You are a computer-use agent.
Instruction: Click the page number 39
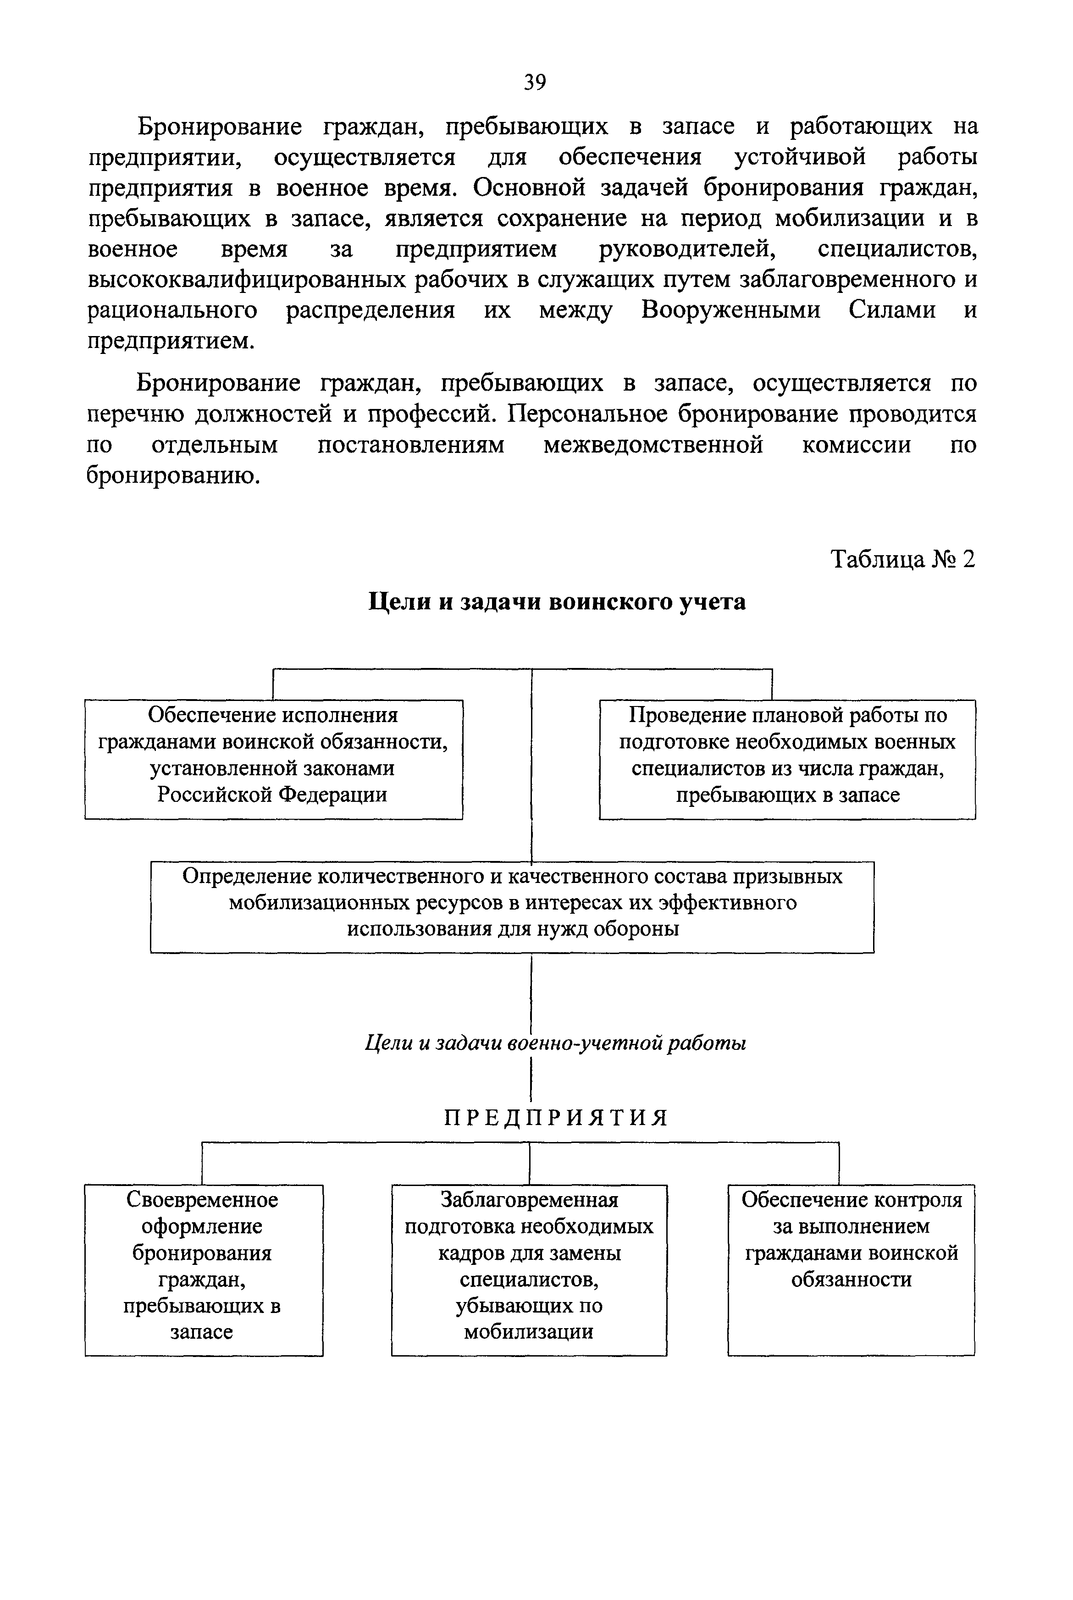pos(535,83)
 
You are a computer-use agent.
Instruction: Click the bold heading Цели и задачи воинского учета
pos(557,602)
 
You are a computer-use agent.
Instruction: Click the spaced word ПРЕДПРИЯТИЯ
pos(556,1118)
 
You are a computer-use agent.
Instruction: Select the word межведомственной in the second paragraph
pos(653,445)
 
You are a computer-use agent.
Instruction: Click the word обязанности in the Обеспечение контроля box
pos(851,1279)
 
